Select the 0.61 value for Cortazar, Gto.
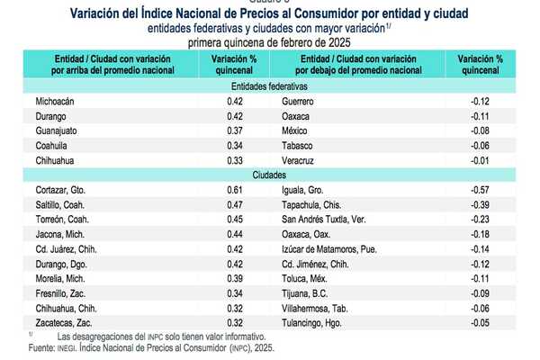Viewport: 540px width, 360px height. (235, 190)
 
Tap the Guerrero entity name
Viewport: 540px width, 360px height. (298, 102)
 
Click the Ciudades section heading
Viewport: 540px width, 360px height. (269, 175)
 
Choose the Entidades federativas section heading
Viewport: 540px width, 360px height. (269, 87)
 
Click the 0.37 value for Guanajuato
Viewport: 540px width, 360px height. (235, 131)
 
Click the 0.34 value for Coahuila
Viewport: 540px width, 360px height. (235, 146)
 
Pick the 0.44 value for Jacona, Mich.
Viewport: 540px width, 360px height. (235, 234)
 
